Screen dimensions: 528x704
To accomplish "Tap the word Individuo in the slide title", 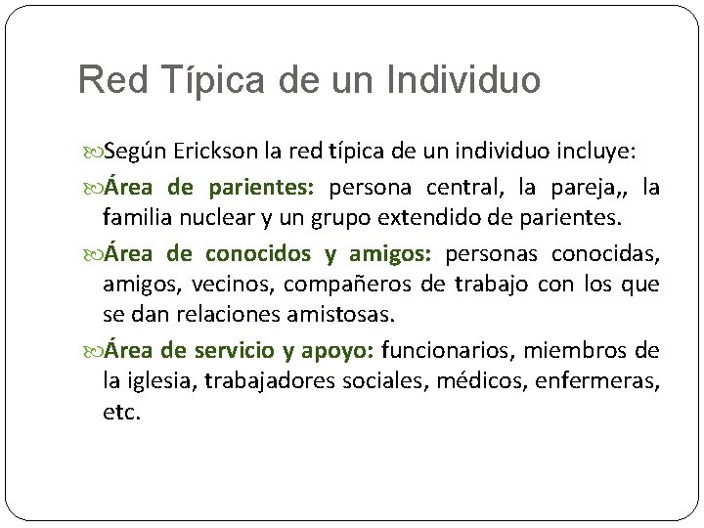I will tap(462, 79).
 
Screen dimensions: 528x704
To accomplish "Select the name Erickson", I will tap(217, 153).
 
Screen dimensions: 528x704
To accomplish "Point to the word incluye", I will tap(594, 153).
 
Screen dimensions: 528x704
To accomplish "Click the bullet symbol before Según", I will tap(95, 154).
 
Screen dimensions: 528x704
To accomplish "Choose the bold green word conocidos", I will tap(258, 253).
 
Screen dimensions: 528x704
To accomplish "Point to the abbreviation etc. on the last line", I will tap(122, 413).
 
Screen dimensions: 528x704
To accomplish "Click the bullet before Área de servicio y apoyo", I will tap(95, 350).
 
